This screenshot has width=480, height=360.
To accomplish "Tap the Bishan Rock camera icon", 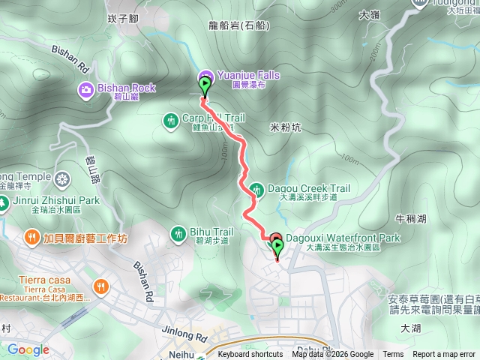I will tap(86, 91).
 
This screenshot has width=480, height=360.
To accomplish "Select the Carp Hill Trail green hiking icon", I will tap(172, 118).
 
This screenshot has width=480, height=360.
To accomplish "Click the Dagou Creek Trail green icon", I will tap(256, 189).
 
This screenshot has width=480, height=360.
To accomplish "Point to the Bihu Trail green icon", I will tap(178, 232).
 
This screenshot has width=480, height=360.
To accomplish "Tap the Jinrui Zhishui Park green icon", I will tap(4, 201).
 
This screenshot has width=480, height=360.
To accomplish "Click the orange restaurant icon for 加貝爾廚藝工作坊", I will tap(31, 238).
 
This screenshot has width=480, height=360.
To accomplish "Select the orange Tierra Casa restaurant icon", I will tap(100, 286).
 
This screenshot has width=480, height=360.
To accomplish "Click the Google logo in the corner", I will tap(28, 349).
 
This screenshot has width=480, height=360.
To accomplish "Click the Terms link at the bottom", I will tap(393, 355).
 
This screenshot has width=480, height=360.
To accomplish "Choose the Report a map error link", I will tap(445, 355).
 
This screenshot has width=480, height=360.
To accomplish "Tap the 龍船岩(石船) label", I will tap(236, 25).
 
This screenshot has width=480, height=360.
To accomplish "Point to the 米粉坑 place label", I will tap(285, 127).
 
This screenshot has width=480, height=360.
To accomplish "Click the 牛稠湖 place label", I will tap(410, 219).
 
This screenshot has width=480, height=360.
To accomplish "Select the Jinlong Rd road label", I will tap(182, 336).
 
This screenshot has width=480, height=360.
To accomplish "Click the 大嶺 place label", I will tap(370, 14).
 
